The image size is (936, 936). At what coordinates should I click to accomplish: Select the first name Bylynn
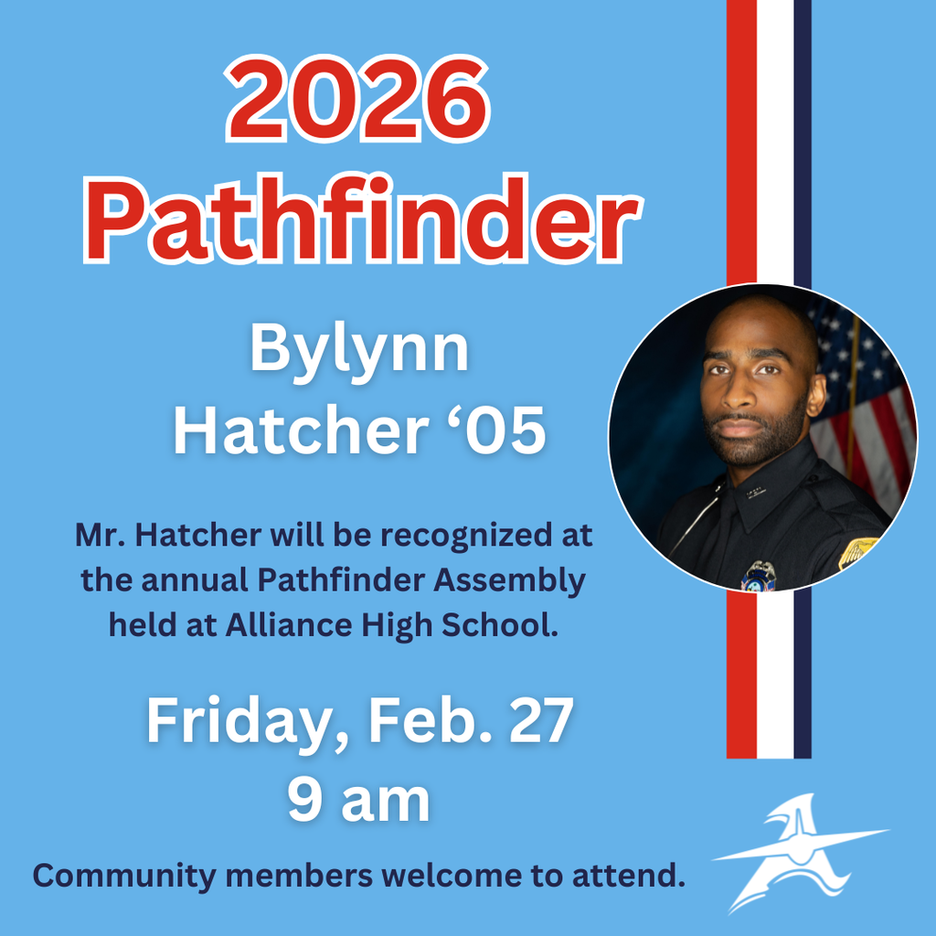click(359, 349)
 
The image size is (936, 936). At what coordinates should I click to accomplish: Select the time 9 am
click(359, 800)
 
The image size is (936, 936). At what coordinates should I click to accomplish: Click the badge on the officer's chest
click(759, 575)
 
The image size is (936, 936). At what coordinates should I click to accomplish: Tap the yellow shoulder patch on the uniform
click(858, 551)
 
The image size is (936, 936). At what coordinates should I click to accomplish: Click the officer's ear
click(815, 394)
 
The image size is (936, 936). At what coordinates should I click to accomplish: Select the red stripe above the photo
click(741, 137)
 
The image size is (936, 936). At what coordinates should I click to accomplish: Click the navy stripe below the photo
click(803, 676)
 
